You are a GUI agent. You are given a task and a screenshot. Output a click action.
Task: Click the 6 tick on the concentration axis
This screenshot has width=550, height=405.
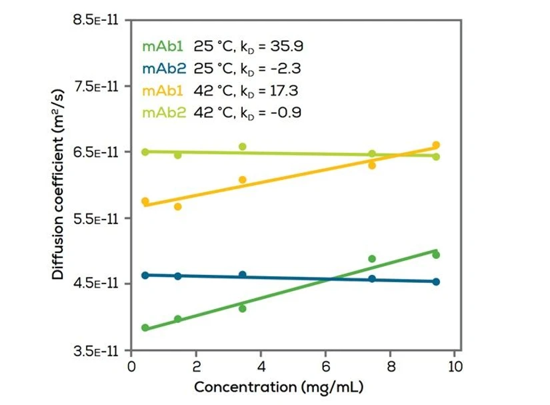click(x=325, y=366)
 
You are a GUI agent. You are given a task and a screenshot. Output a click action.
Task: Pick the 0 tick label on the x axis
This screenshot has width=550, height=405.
click(x=131, y=366)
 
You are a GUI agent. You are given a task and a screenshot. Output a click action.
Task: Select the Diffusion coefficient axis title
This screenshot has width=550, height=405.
click(x=59, y=185)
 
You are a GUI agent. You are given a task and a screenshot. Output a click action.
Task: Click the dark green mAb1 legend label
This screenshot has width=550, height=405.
click(x=163, y=46)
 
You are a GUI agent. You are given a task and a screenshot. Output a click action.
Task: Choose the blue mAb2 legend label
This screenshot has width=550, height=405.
click(x=163, y=68)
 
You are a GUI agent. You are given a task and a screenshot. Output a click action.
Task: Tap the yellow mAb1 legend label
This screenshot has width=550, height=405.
click(x=163, y=90)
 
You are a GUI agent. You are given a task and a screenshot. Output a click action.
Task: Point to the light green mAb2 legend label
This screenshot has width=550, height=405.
click(x=163, y=112)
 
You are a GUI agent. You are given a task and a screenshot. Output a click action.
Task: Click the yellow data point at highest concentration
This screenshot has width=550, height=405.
click(x=436, y=145)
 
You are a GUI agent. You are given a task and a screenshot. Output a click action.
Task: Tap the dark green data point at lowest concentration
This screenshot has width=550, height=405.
click(x=145, y=328)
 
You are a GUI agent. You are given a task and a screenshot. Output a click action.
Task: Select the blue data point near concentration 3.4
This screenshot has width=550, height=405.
click(x=242, y=275)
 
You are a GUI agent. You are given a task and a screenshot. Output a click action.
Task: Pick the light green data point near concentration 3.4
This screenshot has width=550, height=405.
click(x=242, y=147)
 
